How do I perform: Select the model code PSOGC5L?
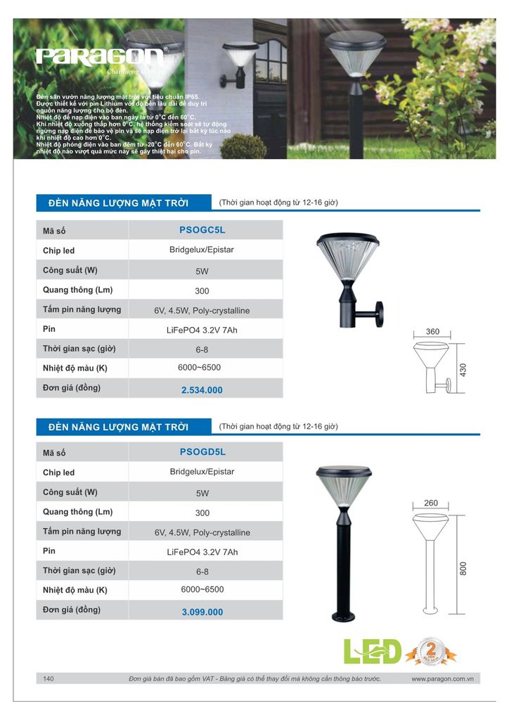pos(202,229)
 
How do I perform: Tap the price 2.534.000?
pos(202,390)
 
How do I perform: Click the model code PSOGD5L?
pos(202,451)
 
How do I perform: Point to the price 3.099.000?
pos(202,612)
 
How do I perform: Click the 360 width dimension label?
pos(432,332)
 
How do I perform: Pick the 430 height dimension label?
pos(463,369)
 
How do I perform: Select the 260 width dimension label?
pos(431,503)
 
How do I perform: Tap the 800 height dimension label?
pos(463,569)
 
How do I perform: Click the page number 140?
pos(49,679)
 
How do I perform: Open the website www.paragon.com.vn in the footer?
pos(441,679)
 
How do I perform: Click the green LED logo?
pos(372,652)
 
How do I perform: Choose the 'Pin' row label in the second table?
pos(49,551)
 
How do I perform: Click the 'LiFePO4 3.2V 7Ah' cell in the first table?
pos(202,330)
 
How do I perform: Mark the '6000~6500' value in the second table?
pos(202,589)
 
